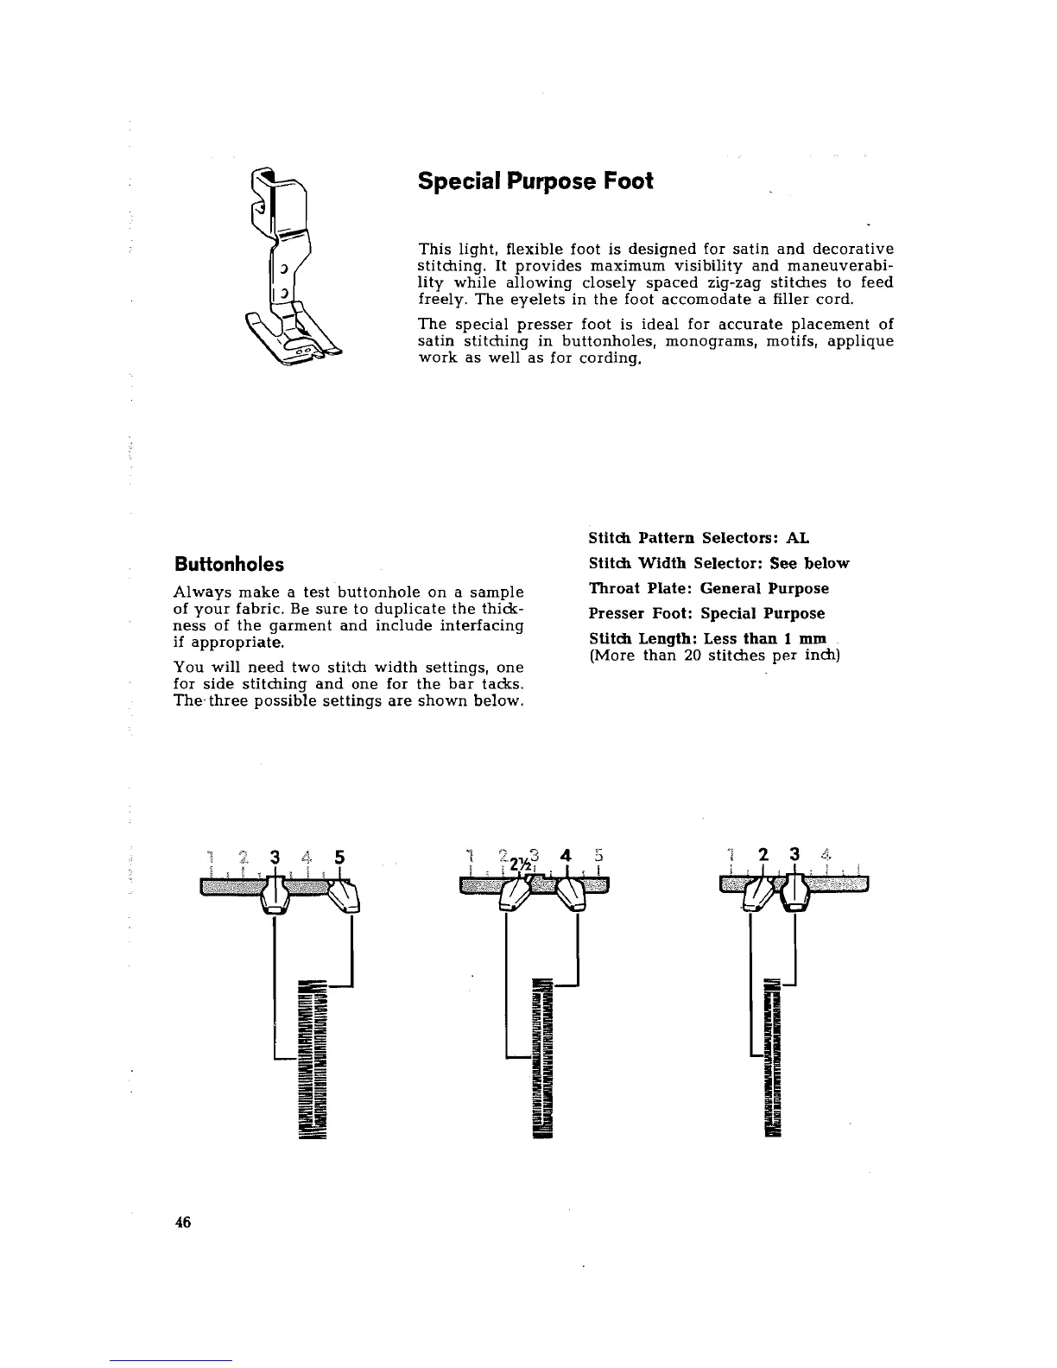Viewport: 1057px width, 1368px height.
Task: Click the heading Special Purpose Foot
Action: (535, 182)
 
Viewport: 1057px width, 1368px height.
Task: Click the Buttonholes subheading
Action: (229, 565)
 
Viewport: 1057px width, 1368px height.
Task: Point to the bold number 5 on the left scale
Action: (339, 858)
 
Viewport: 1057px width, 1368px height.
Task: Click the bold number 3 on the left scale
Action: (275, 858)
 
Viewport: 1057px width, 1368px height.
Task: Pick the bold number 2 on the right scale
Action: (763, 856)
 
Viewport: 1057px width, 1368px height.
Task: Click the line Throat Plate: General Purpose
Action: (708, 589)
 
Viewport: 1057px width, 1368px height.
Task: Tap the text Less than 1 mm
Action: (765, 639)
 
